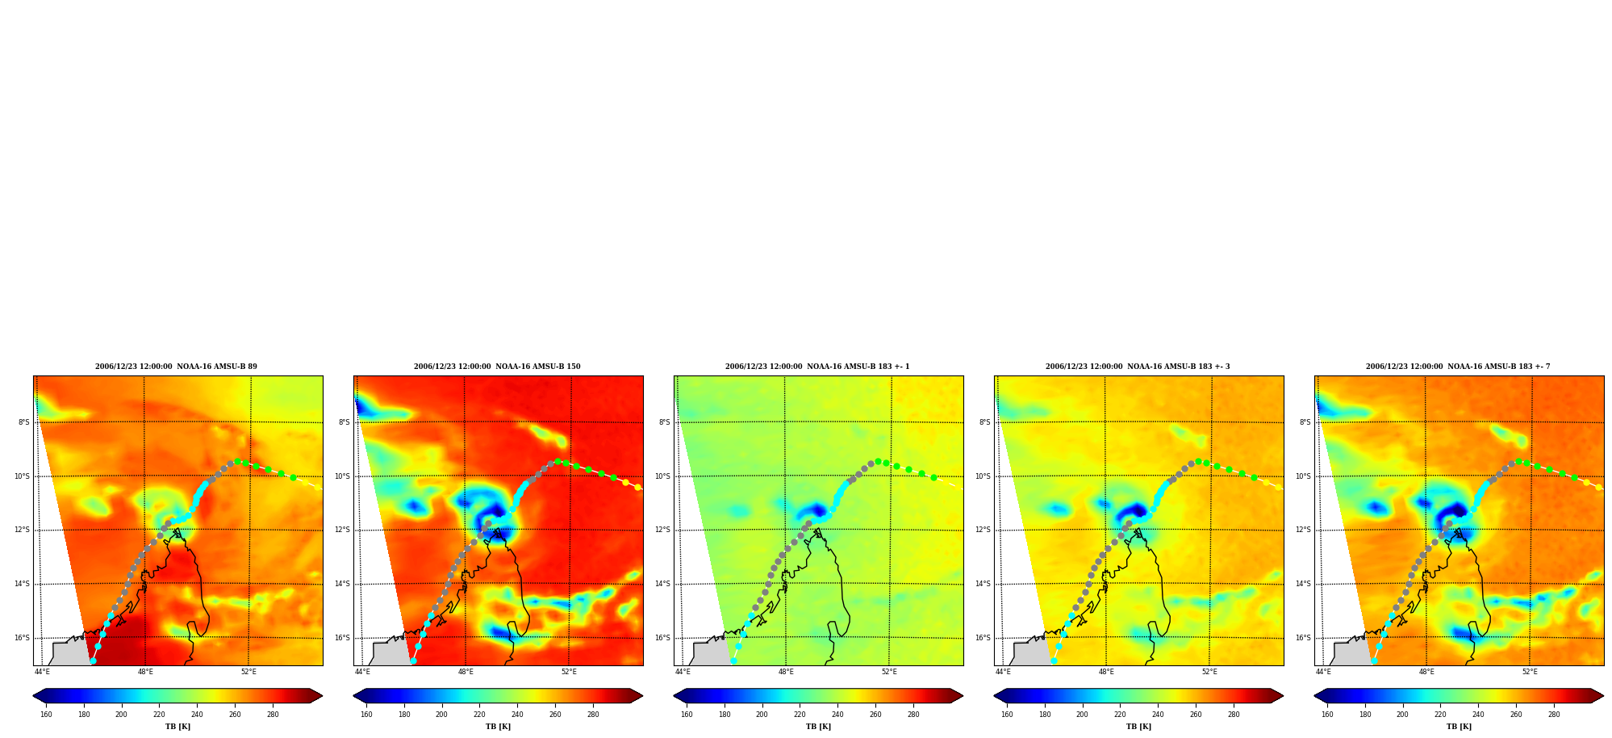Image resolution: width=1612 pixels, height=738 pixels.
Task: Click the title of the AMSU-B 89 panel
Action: point(176,367)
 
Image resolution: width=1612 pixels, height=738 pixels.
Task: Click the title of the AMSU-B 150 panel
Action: point(497,367)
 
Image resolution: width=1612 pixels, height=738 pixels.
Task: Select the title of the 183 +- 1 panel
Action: point(817,367)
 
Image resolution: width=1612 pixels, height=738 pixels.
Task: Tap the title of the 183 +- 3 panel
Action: point(1138,367)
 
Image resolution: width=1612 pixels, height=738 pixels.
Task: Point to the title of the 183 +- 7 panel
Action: point(1458,367)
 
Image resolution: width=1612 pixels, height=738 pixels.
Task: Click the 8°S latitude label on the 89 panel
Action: point(24,422)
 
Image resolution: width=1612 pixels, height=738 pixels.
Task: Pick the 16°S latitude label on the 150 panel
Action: point(342,638)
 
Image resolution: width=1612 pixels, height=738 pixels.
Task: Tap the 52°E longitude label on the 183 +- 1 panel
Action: point(889,672)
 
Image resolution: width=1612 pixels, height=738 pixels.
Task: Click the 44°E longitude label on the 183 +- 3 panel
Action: point(1003,672)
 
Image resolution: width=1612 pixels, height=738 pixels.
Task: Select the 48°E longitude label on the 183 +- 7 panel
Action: point(1426,672)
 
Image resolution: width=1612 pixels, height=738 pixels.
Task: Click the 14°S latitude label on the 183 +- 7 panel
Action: point(1303,584)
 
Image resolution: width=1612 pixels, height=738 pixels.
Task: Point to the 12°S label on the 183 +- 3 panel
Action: point(983,530)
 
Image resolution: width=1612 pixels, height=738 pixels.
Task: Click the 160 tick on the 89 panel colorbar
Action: point(46,714)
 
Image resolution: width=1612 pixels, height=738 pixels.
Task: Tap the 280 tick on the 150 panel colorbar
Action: point(593,714)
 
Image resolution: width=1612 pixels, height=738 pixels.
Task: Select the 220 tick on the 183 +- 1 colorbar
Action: point(800,714)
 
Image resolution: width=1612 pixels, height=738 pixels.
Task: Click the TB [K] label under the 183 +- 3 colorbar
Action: point(1138,727)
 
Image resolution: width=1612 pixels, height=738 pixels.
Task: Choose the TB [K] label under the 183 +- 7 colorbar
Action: point(1459,727)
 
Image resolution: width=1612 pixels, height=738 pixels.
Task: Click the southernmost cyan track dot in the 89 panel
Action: point(93,660)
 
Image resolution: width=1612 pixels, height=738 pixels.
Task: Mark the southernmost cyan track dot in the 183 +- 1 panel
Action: point(733,660)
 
